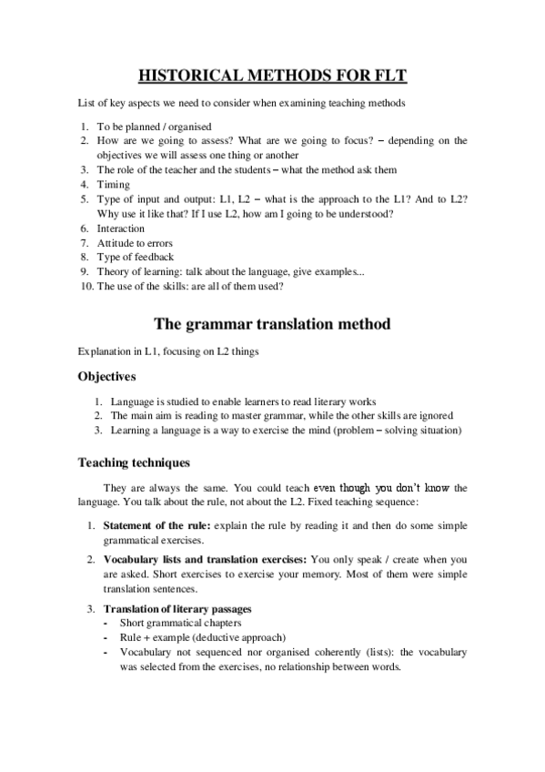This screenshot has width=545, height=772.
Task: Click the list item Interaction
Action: tap(121, 229)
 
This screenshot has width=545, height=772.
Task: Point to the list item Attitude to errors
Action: tap(135, 243)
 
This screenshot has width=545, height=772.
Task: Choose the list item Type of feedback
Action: tap(135, 257)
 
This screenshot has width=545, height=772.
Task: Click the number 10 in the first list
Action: tap(83, 286)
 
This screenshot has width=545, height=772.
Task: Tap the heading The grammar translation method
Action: tap(272, 323)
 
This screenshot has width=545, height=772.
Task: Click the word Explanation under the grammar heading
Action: tap(103, 350)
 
